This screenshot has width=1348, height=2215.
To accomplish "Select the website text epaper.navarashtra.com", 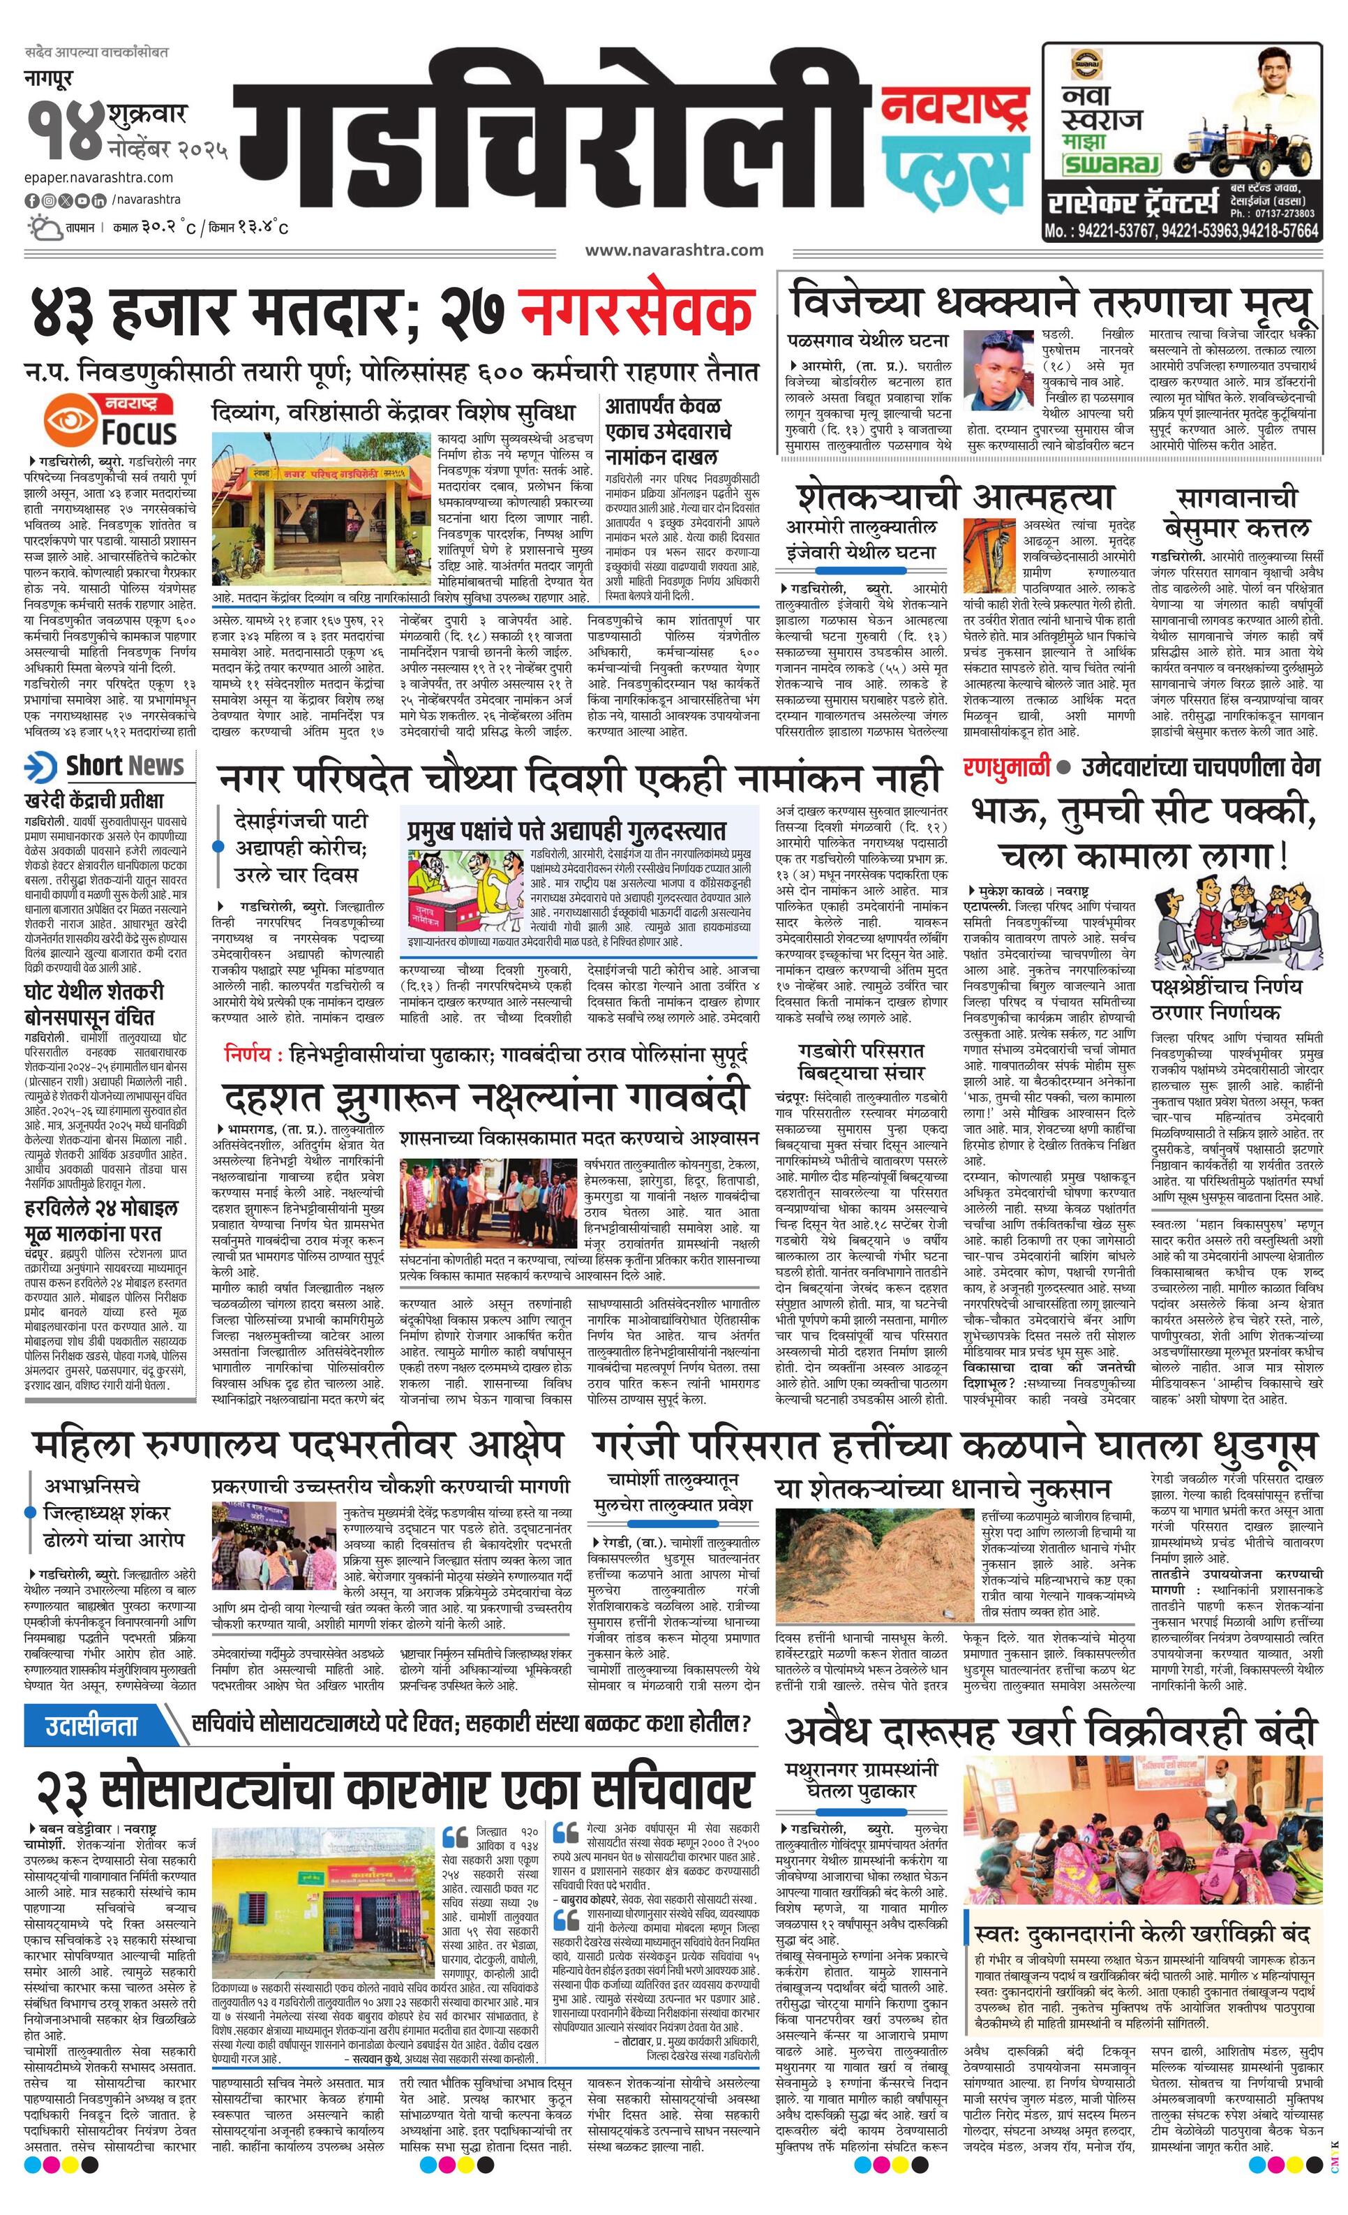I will pyautogui.click(x=99, y=178).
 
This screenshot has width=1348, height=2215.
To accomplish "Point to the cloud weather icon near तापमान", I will pyautogui.click(x=43, y=227).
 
